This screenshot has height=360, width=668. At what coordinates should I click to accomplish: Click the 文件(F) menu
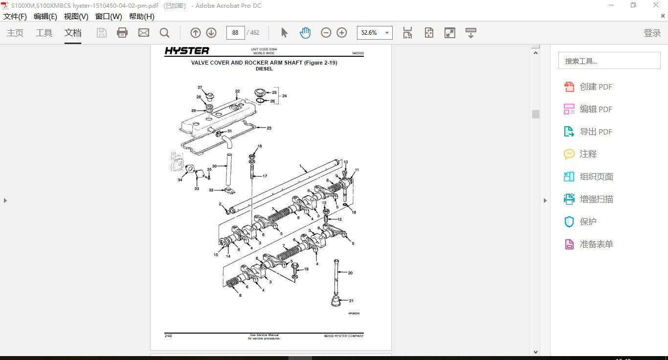click(x=15, y=16)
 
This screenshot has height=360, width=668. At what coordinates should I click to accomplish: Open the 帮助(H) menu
click(x=141, y=16)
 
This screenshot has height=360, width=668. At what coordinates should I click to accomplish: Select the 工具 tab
click(x=44, y=33)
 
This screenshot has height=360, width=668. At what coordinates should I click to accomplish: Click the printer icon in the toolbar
click(x=122, y=33)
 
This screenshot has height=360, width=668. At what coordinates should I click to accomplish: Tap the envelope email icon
click(x=143, y=33)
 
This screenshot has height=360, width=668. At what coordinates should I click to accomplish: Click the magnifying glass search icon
click(x=165, y=33)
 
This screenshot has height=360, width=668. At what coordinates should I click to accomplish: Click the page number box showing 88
click(x=235, y=33)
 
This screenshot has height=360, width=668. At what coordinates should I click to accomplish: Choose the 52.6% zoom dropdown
click(x=375, y=33)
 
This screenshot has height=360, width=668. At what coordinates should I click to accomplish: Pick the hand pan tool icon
click(x=305, y=33)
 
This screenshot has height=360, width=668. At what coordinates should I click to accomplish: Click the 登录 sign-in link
click(x=652, y=33)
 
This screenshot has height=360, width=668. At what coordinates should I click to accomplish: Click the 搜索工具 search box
click(x=609, y=61)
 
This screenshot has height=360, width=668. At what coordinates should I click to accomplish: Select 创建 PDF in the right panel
click(x=596, y=87)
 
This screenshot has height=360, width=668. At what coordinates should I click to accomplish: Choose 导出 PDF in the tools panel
click(x=596, y=132)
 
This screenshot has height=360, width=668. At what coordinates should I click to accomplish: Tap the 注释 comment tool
click(x=588, y=154)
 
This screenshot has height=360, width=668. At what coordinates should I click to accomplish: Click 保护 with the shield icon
click(x=588, y=222)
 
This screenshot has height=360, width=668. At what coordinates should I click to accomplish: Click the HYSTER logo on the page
click(x=187, y=51)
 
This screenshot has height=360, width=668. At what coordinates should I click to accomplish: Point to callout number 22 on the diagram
click(x=237, y=91)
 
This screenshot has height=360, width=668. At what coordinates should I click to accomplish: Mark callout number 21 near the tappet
click(x=351, y=301)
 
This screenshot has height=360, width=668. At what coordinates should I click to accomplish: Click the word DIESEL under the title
click(x=264, y=69)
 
